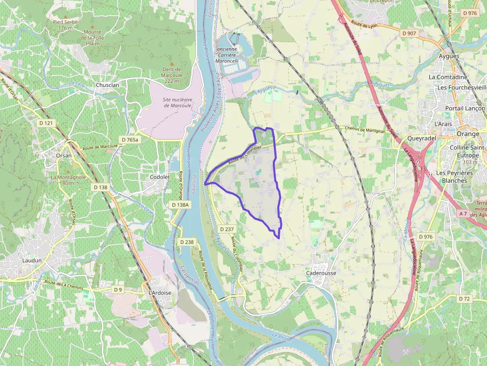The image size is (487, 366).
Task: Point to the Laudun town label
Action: pos(32,260)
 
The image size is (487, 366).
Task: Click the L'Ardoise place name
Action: pos(160,293)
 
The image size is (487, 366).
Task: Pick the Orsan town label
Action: pos(64,155)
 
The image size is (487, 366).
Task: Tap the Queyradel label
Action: pos(421,139)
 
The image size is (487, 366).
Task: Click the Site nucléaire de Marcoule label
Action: pos(177,102)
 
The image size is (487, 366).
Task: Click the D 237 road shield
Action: pos(227,228)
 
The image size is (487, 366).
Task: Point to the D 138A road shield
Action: pos(180,205)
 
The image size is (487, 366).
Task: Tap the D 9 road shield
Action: pos(118,289)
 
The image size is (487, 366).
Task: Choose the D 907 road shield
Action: pos(409,33)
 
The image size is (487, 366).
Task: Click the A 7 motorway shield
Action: pos(463,214)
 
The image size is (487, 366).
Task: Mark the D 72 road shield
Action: pos(464,298)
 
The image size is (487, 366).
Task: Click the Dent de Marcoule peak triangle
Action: pos(172,64)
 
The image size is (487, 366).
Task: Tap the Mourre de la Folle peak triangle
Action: pos(92,25)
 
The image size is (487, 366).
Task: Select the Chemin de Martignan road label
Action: pos(365,130)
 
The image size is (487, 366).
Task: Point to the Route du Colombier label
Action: pos(244,154)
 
